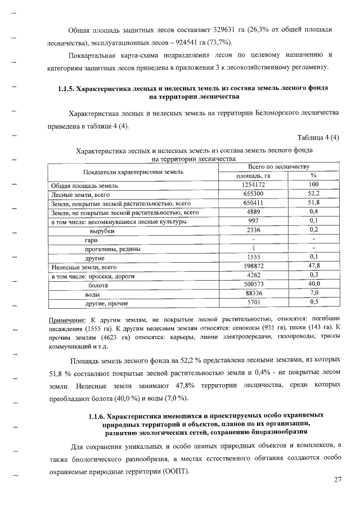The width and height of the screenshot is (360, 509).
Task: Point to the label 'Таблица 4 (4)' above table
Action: tap(319, 138)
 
